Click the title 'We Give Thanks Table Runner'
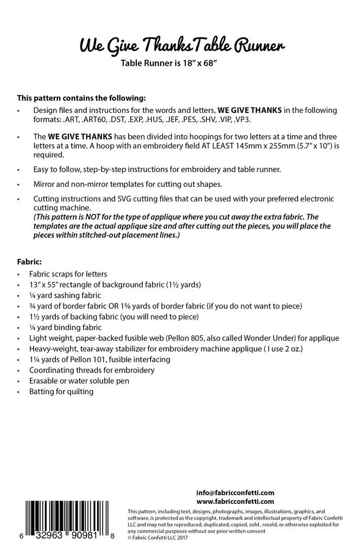182,47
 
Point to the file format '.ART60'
69,118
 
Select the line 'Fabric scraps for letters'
68,274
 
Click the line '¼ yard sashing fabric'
65,296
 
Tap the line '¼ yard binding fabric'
65,327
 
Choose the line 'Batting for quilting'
61,391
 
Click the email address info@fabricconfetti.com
235,492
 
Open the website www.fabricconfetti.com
235,502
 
